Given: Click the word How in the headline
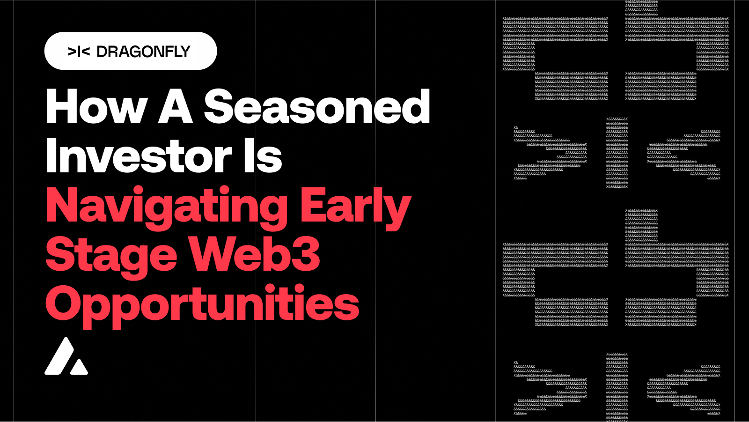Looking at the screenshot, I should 96,107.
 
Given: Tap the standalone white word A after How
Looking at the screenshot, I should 176,107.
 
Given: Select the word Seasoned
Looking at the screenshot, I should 317,107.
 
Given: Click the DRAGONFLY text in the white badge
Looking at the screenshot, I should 143,52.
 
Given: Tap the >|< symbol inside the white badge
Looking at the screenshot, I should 79,52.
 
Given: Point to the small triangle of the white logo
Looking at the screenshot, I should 79,367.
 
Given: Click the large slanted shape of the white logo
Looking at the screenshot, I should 61,356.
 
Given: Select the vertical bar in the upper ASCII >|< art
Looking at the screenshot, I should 617,153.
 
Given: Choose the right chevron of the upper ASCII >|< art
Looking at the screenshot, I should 683,153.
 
